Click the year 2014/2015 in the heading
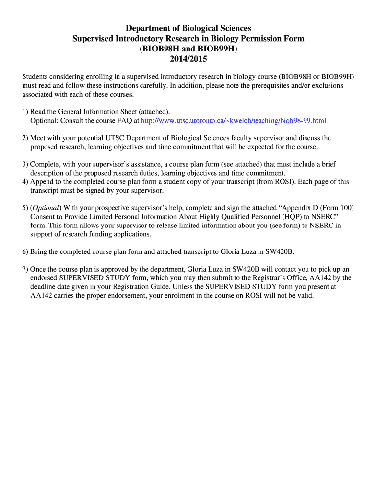point(188,59)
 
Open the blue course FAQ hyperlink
point(233,120)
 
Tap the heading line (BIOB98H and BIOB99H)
point(188,49)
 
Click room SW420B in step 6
point(279,251)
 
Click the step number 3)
point(25,164)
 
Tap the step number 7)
point(25,269)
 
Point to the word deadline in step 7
point(44,287)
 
